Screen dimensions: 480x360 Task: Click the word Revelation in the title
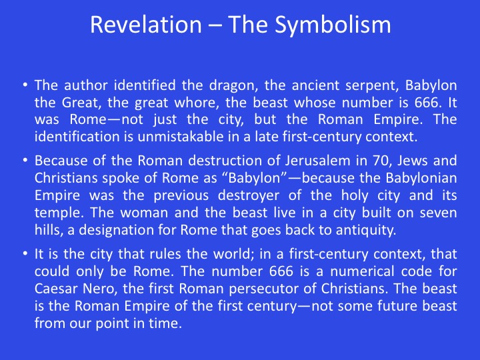pyautogui.click(x=146, y=25)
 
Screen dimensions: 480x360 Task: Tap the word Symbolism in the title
pyautogui.click(x=333, y=25)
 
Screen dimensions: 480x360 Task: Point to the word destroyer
pyautogui.click(x=248, y=196)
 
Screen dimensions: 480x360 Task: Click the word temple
pyautogui.click(x=58, y=213)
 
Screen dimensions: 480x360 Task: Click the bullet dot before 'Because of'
pyautogui.click(x=25, y=160)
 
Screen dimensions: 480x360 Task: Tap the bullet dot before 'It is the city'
pyautogui.click(x=25, y=253)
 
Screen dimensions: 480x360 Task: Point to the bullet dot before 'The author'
pyautogui.click(x=25, y=85)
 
